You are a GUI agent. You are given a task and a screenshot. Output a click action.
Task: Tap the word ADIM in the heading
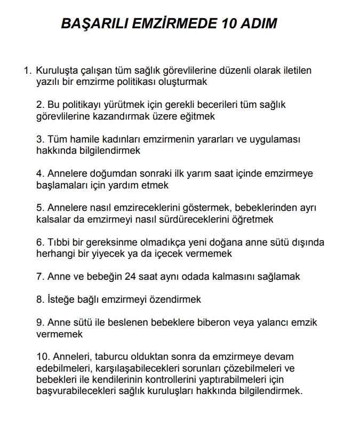pyautogui.click(x=256, y=24)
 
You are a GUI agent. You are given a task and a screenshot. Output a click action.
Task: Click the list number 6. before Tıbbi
pyautogui.click(x=40, y=242)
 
